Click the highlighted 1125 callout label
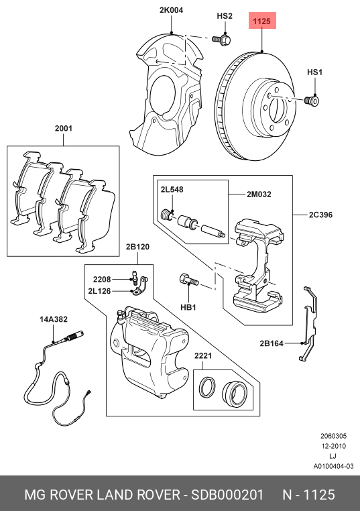tap(261, 22)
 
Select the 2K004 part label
tap(171, 10)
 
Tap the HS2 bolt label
tap(225, 15)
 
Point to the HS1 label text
tap(314, 72)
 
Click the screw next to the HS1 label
tap(310, 101)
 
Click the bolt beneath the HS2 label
tap(223, 40)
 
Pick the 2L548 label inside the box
tap(171, 190)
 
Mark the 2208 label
tap(101, 279)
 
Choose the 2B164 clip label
tap(272, 343)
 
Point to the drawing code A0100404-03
tap(333, 466)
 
